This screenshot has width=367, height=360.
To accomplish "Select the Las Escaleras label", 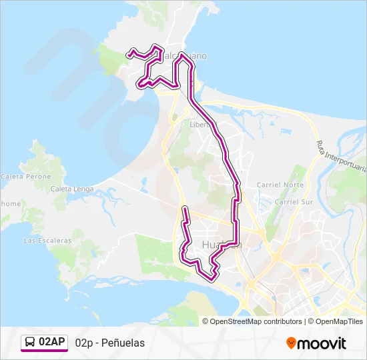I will point(47,240).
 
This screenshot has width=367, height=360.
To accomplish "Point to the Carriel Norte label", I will point(280,185).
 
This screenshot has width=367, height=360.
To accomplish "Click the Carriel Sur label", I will point(294,201).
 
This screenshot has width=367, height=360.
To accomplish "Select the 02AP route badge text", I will point(52,342).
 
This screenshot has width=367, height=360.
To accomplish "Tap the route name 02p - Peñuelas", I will point(110,343).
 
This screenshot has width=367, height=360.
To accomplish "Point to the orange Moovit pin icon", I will point(292,343).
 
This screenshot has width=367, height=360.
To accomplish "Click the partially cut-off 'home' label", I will point(10,203).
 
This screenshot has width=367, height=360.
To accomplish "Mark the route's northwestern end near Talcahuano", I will point(128,53).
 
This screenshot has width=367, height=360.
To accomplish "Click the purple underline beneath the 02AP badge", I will point(44,351).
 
